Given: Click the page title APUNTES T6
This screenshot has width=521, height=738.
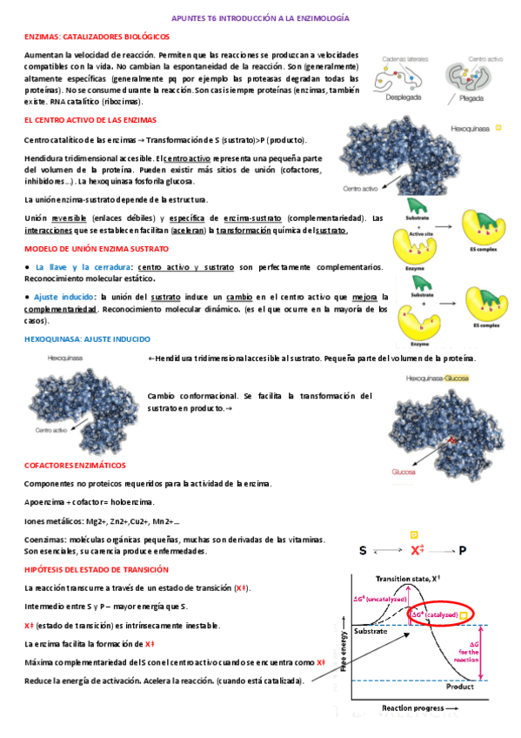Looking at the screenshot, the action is coord(260,17).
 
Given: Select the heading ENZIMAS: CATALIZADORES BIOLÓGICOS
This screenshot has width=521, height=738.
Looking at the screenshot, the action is coord(97,37).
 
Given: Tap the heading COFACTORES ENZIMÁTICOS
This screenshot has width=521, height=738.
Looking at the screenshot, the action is coord(75,465).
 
